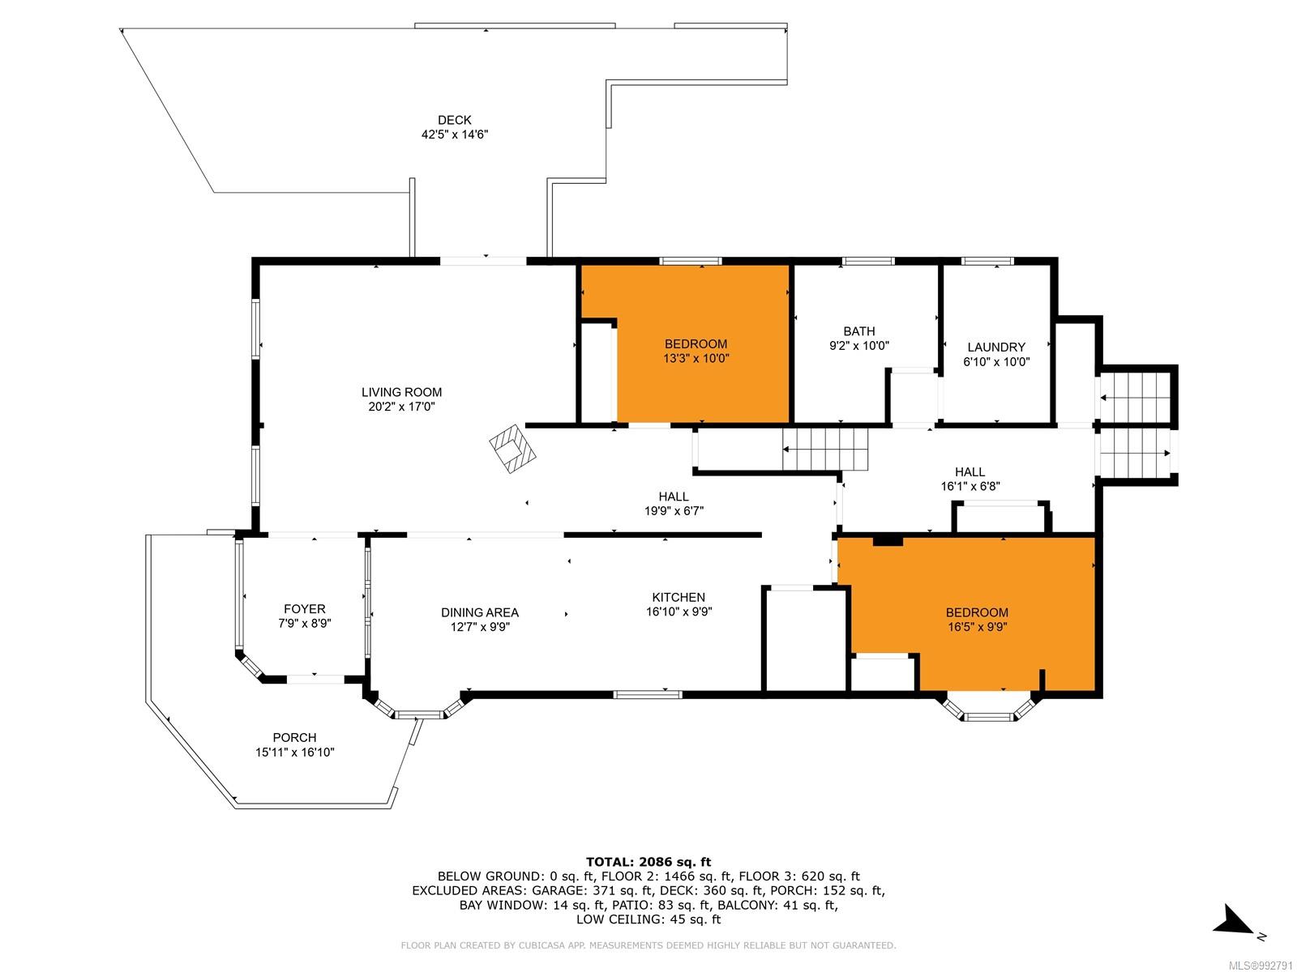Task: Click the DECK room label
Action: tap(455, 120)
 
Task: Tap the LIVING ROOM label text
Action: tap(401, 392)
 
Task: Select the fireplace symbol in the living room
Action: tap(512, 448)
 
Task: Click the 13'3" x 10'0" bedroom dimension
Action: tap(696, 358)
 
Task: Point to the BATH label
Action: tap(858, 331)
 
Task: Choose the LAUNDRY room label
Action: tap(995, 347)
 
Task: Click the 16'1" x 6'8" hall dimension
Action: tap(970, 486)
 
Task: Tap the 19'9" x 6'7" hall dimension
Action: tap(674, 511)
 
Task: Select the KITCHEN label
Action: tap(678, 597)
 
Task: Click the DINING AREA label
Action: tap(480, 612)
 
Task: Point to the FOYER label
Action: tap(304, 608)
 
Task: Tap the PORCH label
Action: tap(294, 737)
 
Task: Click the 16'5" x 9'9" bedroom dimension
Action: tap(978, 627)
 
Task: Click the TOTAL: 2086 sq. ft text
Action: tap(648, 862)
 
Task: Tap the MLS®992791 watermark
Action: tap(1261, 966)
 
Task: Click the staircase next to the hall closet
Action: tap(825, 449)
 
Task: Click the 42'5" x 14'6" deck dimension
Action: tap(455, 134)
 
